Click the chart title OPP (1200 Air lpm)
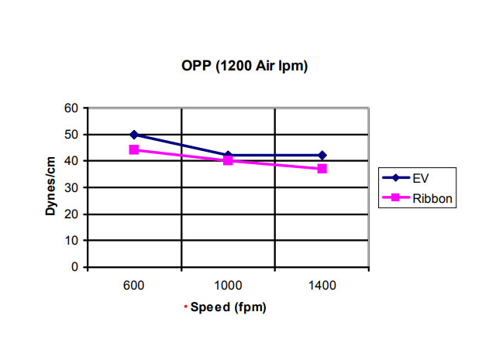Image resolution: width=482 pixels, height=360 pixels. click(244, 67)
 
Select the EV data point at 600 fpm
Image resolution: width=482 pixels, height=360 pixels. click(134, 135)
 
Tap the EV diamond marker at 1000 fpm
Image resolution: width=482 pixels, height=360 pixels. click(228, 156)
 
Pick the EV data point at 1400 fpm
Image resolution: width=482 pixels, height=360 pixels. click(322, 156)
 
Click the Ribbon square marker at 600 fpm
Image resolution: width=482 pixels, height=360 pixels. click(134, 149)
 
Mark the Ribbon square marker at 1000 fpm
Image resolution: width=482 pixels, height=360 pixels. click(228, 160)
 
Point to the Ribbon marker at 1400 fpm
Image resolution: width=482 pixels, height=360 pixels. click(322, 168)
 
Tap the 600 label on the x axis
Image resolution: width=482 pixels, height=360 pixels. click(134, 285)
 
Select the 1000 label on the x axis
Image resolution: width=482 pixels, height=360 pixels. click(228, 285)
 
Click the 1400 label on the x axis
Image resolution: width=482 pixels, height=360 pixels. click(322, 285)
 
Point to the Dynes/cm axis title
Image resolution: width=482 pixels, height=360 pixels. click(48, 188)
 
